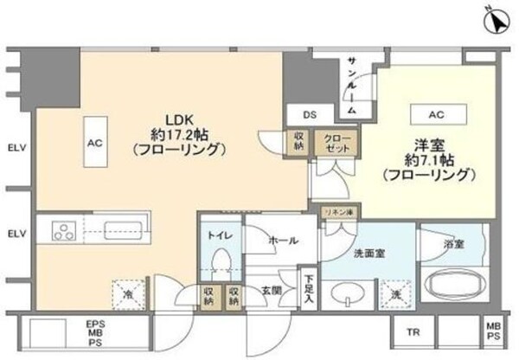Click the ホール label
click(283, 240)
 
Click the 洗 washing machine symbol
click(394, 291)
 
